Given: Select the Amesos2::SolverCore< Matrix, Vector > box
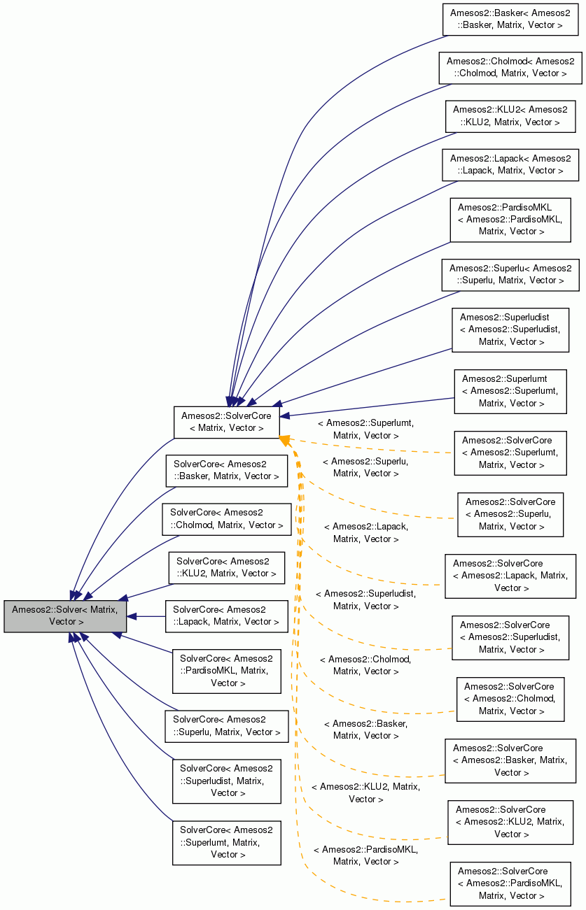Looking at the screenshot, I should pyautogui.click(x=226, y=422).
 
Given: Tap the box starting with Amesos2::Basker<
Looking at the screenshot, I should pyautogui.click(x=510, y=19).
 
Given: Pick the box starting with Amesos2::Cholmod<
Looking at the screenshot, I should pyautogui.click(x=510, y=67).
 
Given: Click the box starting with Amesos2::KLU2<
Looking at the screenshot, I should pyautogui.click(x=510, y=115).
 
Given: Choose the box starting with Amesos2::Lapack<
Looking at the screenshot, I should pyautogui.click(x=510, y=164).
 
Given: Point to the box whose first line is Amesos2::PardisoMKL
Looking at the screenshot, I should pyautogui.click(x=510, y=219).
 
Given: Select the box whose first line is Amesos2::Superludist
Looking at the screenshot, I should pyautogui.click(x=510, y=329).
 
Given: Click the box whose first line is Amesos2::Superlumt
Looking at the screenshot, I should pyautogui.click(x=510, y=391).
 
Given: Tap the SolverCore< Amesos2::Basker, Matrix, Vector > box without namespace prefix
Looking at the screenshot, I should pyautogui.click(x=226, y=470).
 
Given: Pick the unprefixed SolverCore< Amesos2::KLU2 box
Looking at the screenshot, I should pyautogui.click(x=226, y=567).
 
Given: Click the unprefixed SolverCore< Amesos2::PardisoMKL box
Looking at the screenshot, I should pyautogui.click(x=226, y=670).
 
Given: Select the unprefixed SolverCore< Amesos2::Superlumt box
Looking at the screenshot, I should pyautogui.click(x=226, y=842).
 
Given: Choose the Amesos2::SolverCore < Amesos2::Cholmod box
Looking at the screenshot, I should pyautogui.click(x=510, y=699).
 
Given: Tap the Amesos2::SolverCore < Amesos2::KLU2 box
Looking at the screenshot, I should pyautogui.click(x=510, y=822).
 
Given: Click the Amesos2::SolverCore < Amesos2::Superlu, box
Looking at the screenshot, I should pyautogui.click(x=510, y=514).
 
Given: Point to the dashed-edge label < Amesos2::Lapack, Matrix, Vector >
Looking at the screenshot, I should pyautogui.click(x=366, y=532).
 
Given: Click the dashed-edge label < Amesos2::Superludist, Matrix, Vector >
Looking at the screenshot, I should pyautogui.click(x=366, y=599).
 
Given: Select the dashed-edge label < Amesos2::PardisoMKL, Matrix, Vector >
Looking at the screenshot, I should pyautogui.click(x=366, y=855).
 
